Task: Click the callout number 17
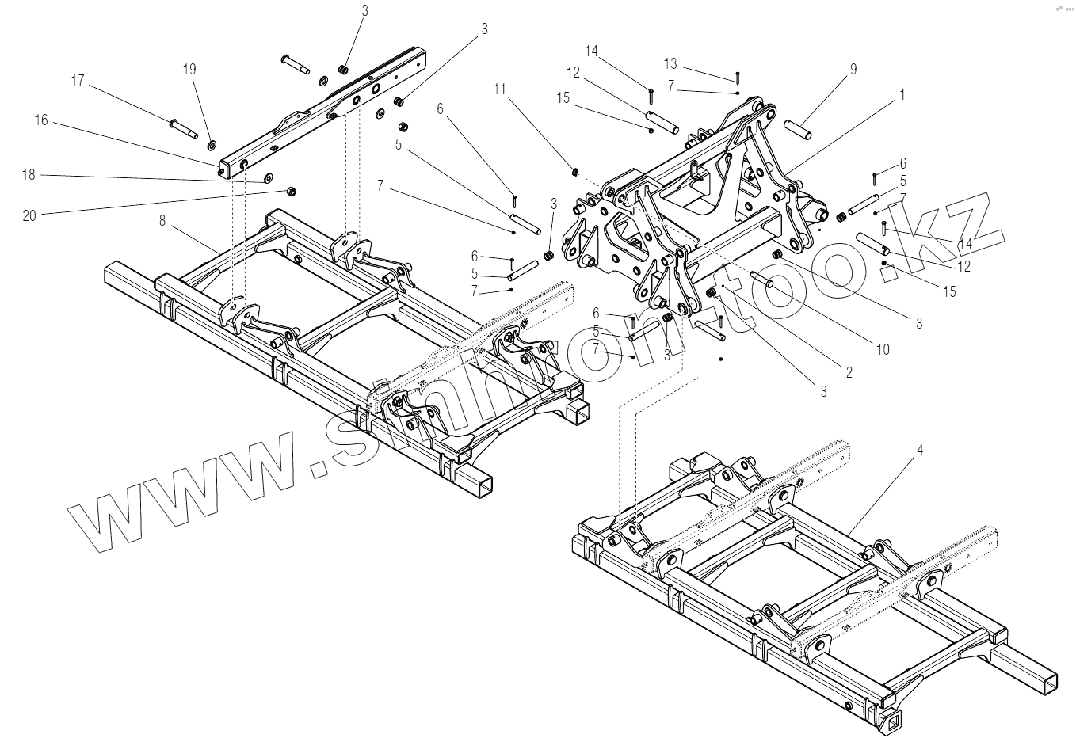(x=78, y=81)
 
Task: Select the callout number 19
(x=189, y=70)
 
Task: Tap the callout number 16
(x=41, y=120)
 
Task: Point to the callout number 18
(x=29, y=175)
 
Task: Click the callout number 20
(x=29, y=215)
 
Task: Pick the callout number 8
(x=162, y=221)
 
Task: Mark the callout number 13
(x=671, y=63)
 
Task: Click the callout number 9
(x=853, y=70)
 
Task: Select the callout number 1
(x=901, y=94)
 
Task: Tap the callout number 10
(x=883, y=348)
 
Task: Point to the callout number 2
(x=848, y=371)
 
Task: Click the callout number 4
(x=919, y=450)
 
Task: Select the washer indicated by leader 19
(x=212, y=145)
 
